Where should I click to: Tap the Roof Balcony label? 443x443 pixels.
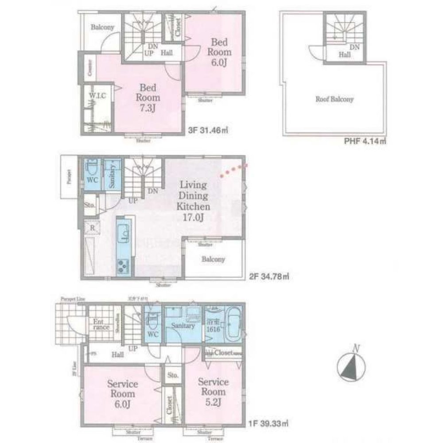[x=334, y=100]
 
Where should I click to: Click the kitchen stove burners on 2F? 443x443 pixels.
[x=123, y=266]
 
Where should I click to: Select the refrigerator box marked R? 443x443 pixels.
[x=92, y=228]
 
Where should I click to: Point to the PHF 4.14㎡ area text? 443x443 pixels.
[x=365, y=142]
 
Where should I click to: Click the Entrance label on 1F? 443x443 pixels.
[x=101, y=325]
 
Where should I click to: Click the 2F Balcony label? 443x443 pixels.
[x=214, y=260]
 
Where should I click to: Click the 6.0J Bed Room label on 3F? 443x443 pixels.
[x=219, y=52]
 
